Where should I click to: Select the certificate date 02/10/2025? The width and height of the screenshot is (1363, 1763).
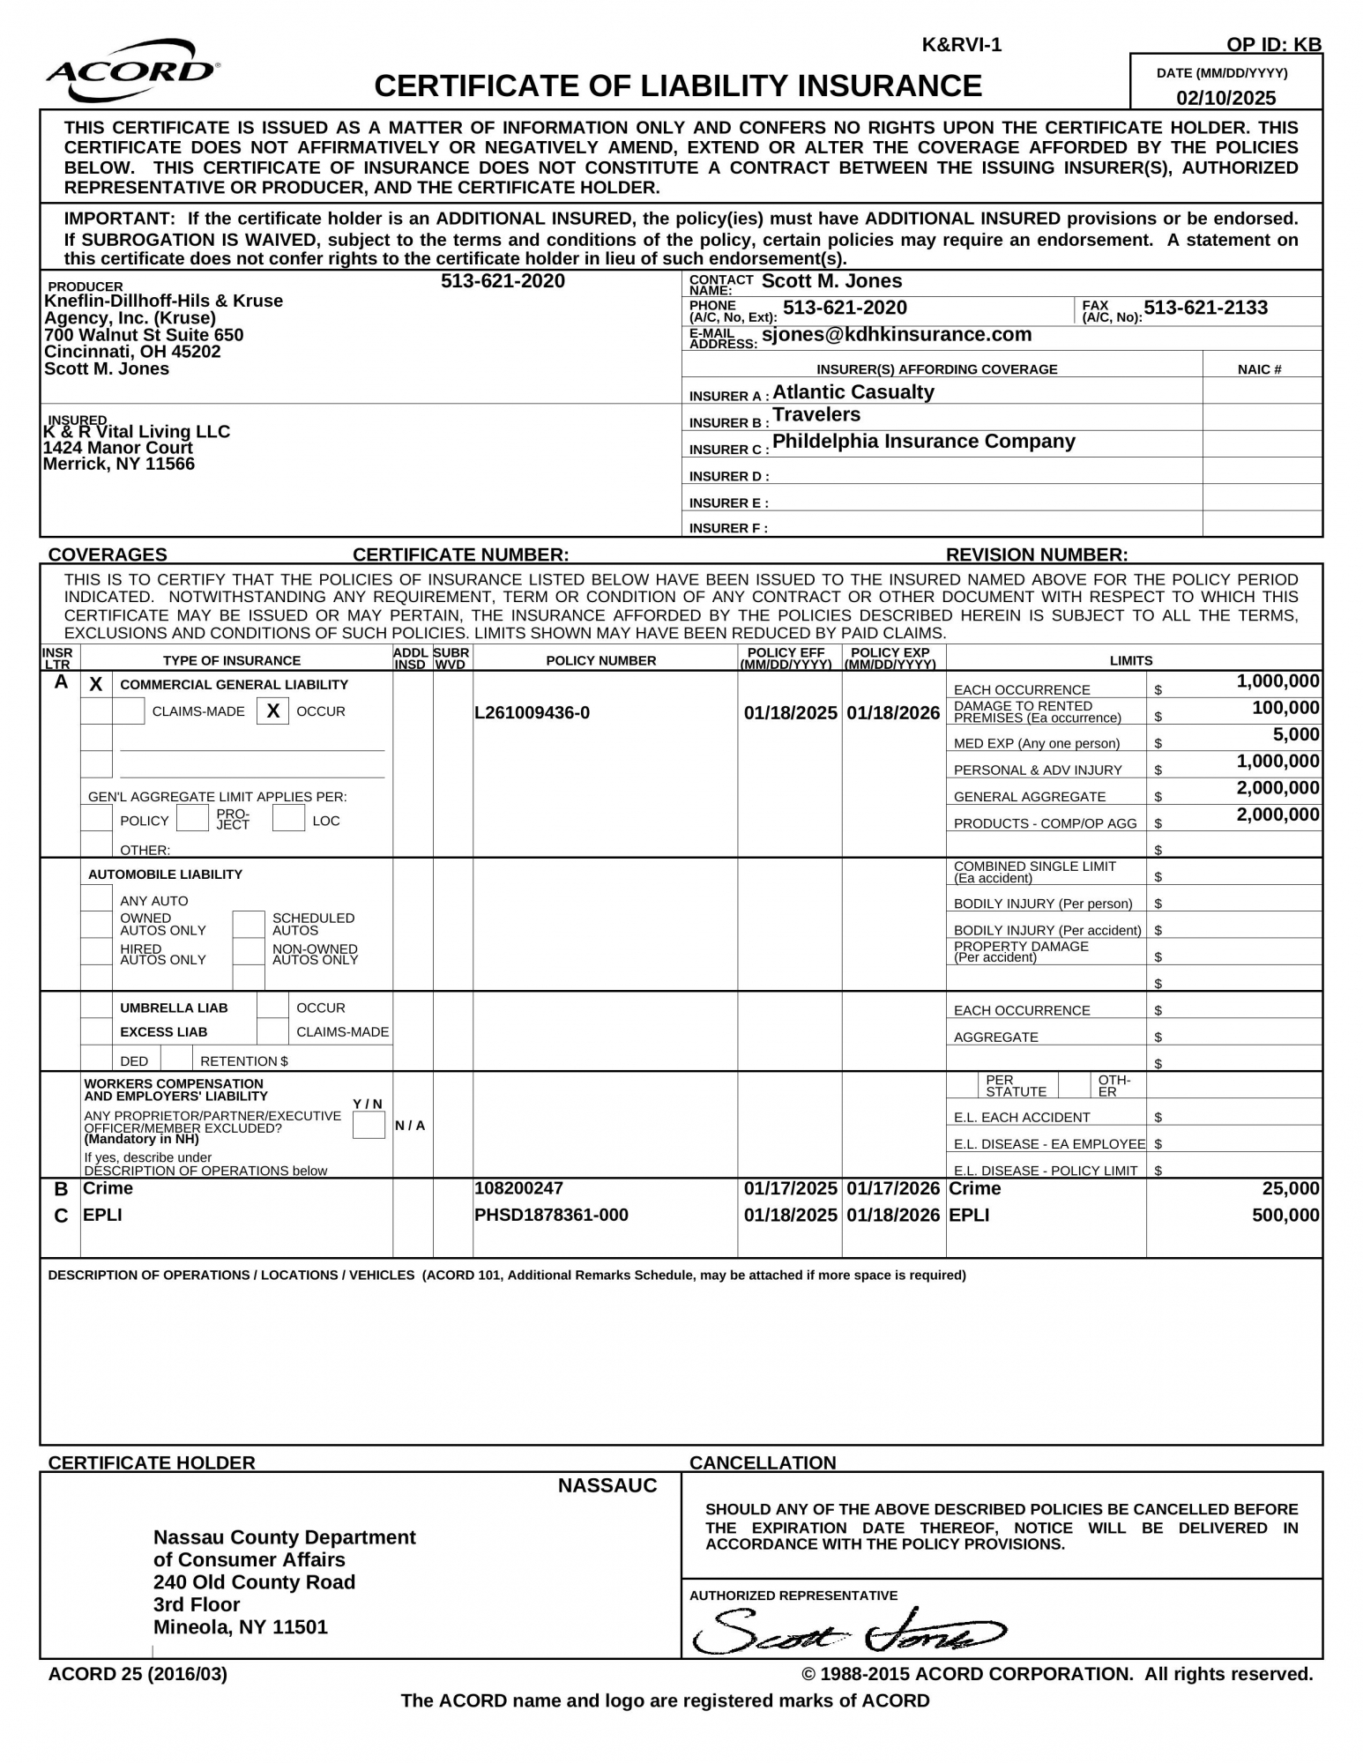tap(1225, 98)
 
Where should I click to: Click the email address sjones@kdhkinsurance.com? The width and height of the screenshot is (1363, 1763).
tap(897, 335)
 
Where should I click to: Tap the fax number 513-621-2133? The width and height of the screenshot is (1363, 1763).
tap(1205, 308)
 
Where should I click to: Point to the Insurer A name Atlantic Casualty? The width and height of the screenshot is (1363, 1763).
tap(853, 392)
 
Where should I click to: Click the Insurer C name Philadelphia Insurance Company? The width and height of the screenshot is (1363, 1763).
tap(923, 442)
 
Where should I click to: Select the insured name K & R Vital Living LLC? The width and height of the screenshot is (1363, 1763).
tap(137, 431)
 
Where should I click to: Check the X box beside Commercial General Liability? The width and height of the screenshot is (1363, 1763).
tap(96, 684)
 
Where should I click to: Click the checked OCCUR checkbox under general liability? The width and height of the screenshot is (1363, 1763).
tap(273, 710)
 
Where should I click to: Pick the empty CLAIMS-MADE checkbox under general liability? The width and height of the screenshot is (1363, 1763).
tap(129, 710)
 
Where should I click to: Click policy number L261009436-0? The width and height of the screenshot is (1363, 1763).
tap(532, 712)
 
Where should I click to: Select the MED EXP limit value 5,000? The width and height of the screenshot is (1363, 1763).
tap(1296, 734)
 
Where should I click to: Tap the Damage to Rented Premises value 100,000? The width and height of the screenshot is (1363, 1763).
tap(1285, 708)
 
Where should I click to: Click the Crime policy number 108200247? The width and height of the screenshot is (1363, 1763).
tap(518, 1188)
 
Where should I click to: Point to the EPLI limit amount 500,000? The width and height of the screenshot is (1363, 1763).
tap(1285, 1216)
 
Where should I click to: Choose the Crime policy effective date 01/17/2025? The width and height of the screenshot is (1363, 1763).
tap(790, 1188)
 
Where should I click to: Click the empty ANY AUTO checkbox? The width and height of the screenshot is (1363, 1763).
tap(96, 899)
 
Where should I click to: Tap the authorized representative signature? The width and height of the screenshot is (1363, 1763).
tap(846, 1633)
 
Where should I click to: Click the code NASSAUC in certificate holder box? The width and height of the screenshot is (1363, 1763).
tap(607, 1486)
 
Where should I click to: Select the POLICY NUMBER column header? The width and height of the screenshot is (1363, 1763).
tap(600, 660)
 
